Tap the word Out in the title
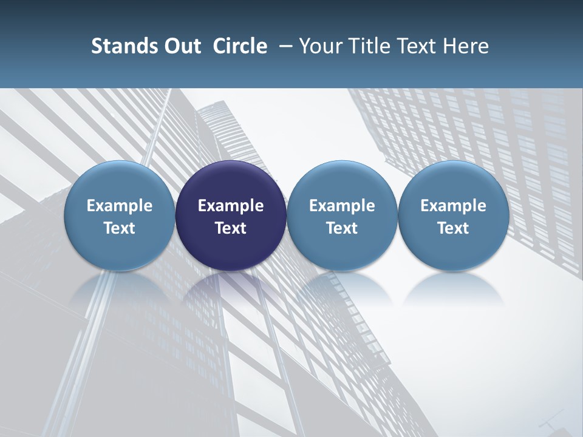(x=182, y=46)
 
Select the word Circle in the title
(x=240, y=46)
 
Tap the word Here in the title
(x=466, y=46)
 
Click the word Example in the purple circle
(x=231, y=206)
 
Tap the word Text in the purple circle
(x=231, y=228)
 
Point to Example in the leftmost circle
(x=120, y=206)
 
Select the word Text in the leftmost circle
(x=120, y=228)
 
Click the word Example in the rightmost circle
(x=453, y=206)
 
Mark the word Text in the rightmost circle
(x=453, y=228)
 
